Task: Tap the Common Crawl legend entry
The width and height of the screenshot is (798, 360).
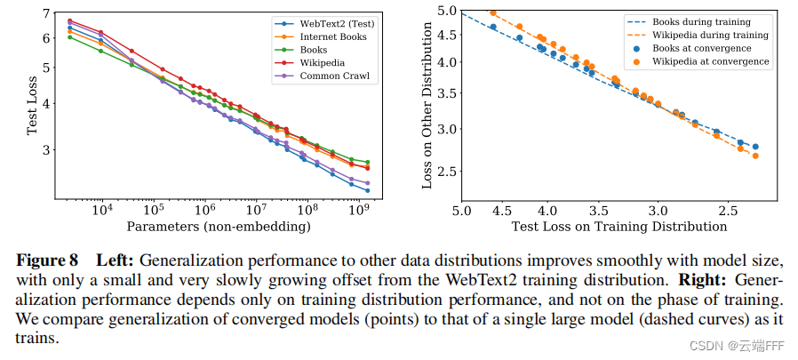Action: point(326,76)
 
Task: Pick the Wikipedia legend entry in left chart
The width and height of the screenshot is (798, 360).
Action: point(319,63)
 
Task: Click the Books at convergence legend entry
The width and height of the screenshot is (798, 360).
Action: point(701,48)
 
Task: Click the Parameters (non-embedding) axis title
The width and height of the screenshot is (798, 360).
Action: point(218,227)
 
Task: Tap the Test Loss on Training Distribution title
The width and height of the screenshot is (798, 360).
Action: point(618,227)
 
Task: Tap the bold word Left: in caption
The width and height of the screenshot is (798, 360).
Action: point(114,261)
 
